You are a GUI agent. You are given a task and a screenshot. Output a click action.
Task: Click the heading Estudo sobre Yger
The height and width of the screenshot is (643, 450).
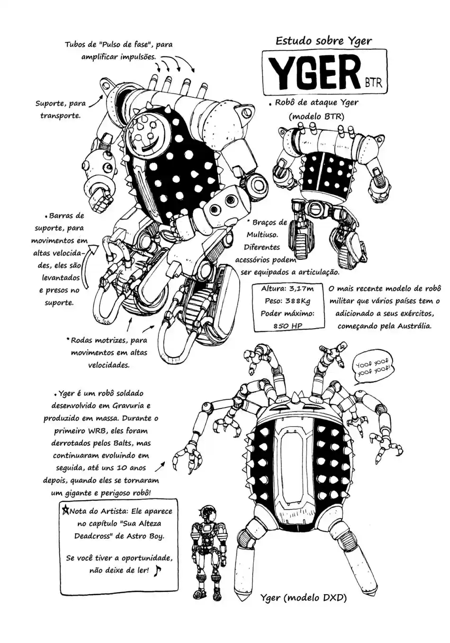(324, 41)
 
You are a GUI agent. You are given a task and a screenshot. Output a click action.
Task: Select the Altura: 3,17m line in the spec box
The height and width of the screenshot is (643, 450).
(288, 288)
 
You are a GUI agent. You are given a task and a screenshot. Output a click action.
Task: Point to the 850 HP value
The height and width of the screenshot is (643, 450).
(288, 326)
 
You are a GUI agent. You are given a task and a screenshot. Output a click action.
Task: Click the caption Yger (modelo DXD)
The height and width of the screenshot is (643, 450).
(304, 598)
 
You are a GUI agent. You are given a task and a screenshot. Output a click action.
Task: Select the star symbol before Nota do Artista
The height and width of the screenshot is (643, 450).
(65, 511)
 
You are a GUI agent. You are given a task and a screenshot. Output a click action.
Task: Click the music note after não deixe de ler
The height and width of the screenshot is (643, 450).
(158, 570)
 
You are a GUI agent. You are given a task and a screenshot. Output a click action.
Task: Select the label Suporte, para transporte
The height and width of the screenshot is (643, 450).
(60, 109)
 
